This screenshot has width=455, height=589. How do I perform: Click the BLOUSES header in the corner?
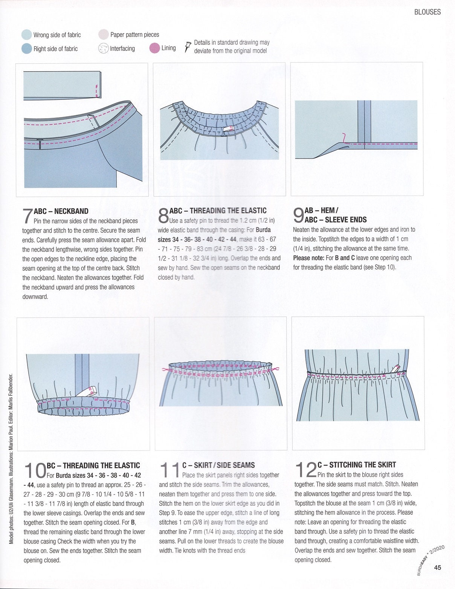(427, 12)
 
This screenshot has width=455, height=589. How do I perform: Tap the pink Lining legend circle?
(154, 48)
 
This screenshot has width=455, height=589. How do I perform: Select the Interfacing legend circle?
(103, 48)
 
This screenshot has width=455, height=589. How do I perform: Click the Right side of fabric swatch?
(27, 49)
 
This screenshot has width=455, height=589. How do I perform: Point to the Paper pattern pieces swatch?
(104, 35)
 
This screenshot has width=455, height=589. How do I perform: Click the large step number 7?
(27, 216)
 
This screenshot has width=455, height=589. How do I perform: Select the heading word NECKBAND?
(72, 211)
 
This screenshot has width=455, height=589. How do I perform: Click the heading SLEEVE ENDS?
(346, 220)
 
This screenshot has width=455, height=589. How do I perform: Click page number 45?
(437, 568)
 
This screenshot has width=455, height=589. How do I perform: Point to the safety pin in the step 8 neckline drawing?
(228, 129)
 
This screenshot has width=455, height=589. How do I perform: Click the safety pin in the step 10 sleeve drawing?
(88, 392)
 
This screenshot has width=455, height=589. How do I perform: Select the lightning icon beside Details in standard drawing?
(187, 47)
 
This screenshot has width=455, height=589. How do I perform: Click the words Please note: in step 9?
(308, 258)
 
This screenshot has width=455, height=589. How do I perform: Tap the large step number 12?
(305, 470)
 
